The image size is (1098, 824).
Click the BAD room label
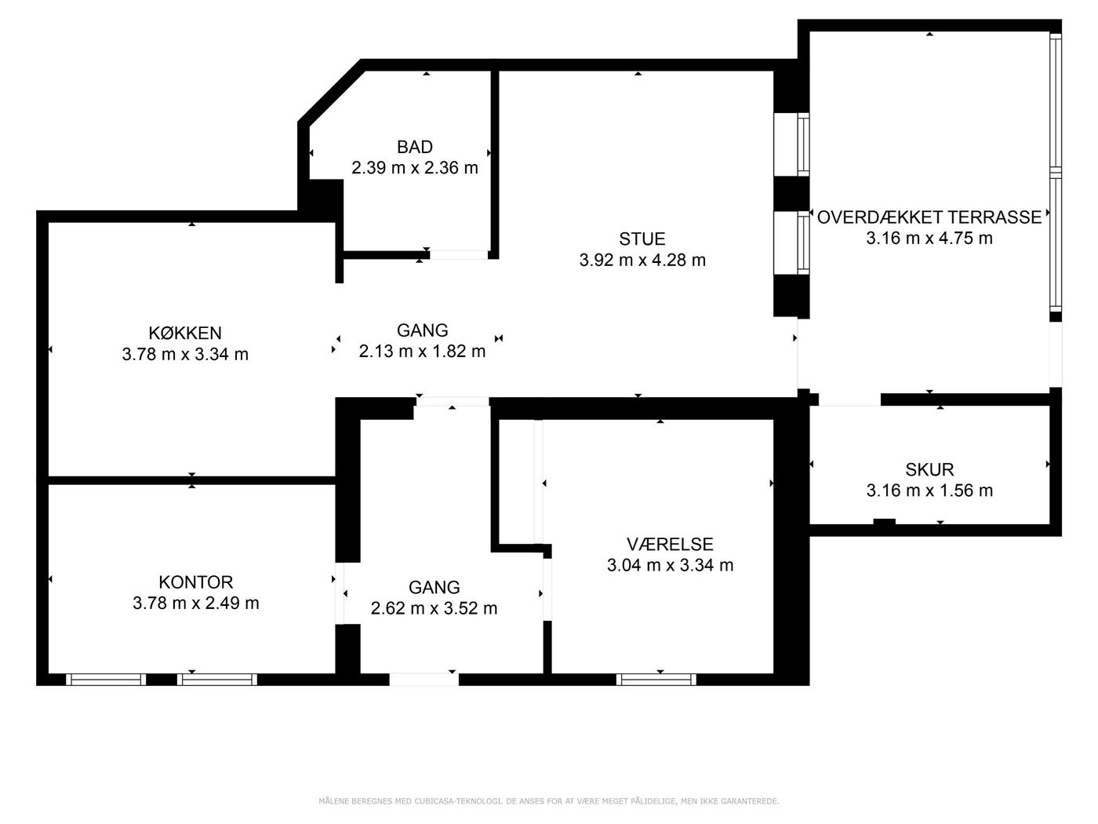414,147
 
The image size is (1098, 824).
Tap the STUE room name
642,239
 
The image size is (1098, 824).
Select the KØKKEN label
185,333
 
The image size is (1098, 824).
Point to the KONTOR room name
195,582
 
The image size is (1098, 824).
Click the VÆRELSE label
670,544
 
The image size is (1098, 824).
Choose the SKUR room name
929,469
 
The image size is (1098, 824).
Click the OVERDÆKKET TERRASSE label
929,217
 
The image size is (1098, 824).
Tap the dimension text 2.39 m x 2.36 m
414,168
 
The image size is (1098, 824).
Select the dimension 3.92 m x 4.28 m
642,261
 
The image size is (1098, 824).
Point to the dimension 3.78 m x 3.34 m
185,354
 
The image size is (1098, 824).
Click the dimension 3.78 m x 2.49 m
195,603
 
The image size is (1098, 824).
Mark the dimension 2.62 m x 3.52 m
434,608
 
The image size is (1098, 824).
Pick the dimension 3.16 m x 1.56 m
929,490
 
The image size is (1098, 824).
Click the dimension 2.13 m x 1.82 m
422,352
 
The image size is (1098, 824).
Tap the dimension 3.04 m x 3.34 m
670,565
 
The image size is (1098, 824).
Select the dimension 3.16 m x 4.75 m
929,238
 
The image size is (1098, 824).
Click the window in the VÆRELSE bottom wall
656,679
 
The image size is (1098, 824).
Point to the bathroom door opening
459,254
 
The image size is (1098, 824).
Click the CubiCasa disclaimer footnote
549,801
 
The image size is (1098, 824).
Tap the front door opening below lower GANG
424,679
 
